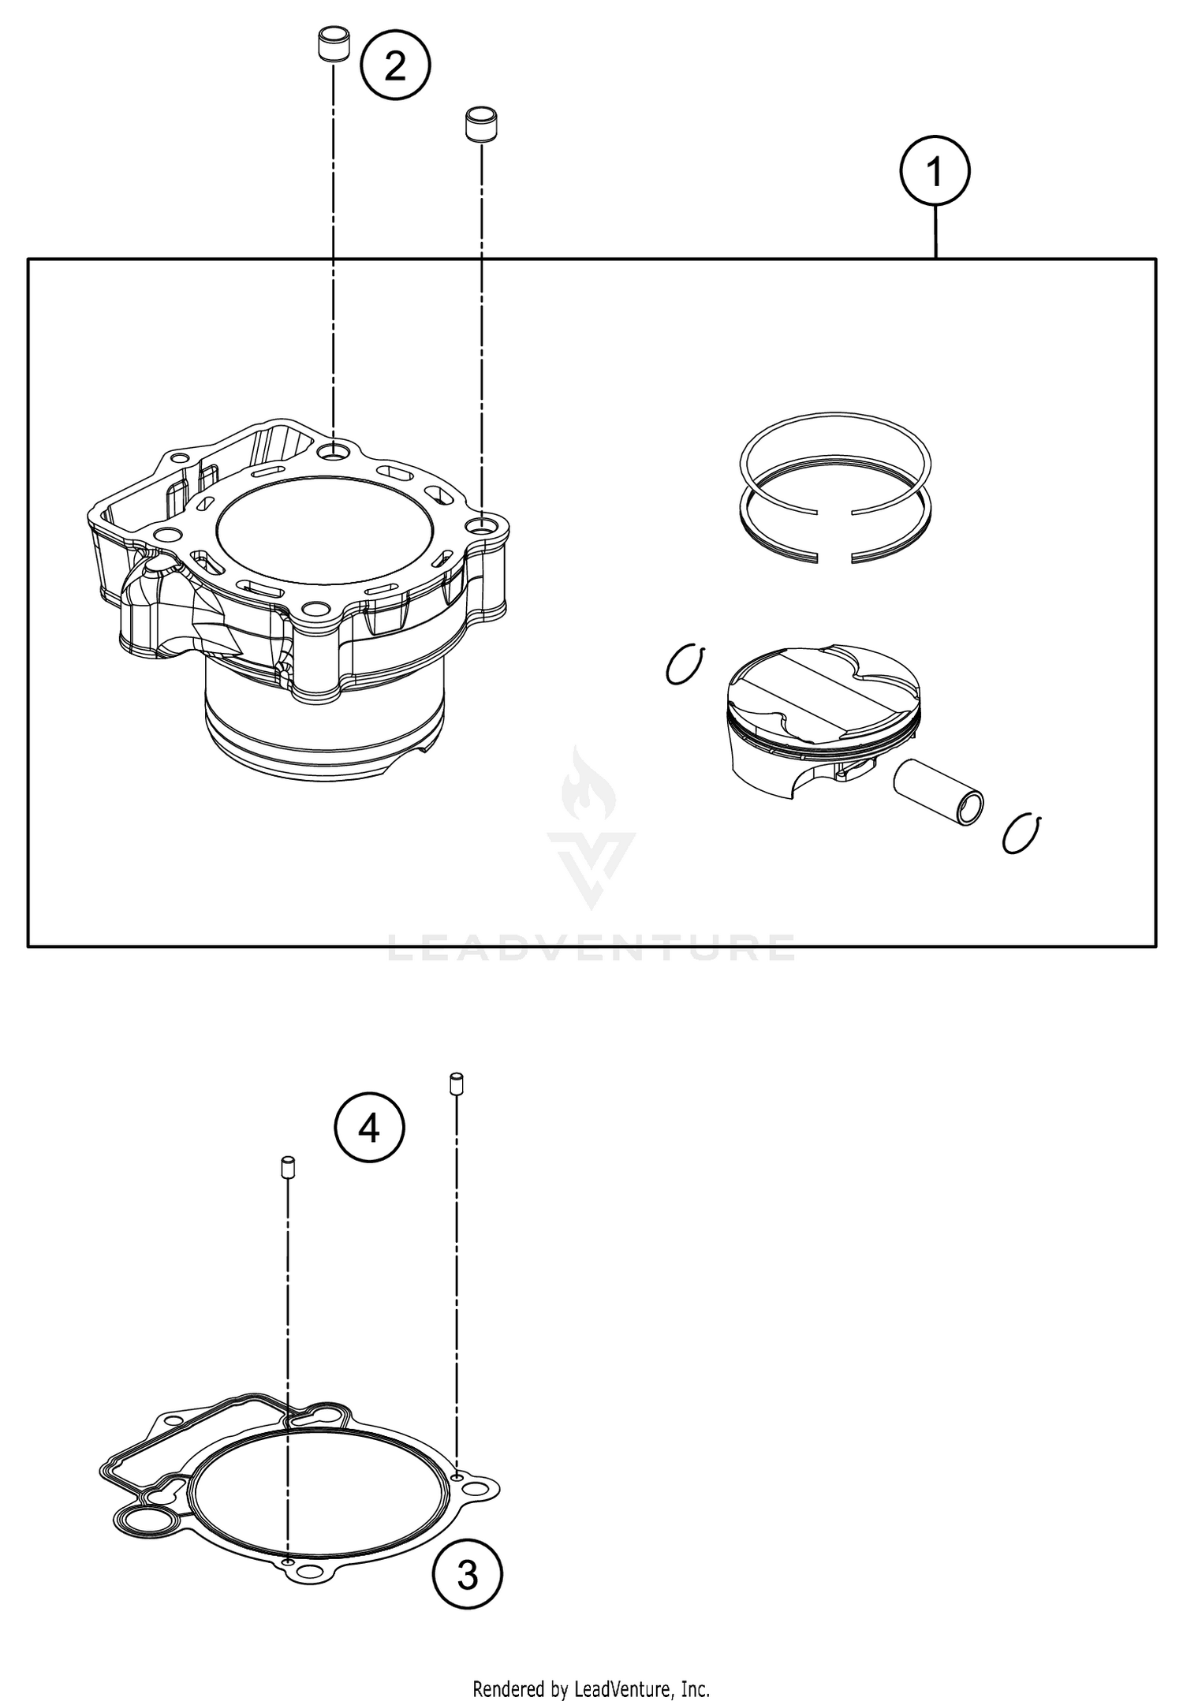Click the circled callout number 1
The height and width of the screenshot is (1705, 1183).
click(935, 172)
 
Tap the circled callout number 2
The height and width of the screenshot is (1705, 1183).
click(394, 66)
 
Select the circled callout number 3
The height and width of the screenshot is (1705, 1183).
click(467, 1576)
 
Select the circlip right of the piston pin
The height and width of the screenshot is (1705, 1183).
click(1022, 833)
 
